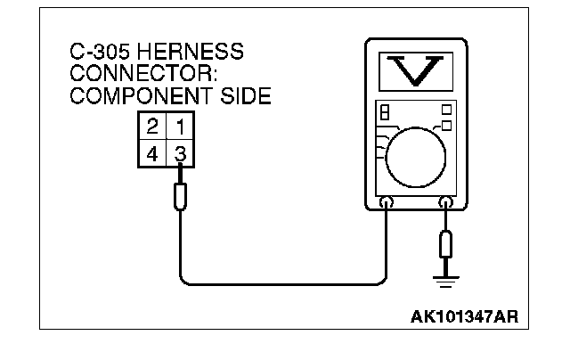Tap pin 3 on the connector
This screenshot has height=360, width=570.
(180, 153)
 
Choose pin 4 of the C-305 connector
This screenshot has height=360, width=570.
(152, 153)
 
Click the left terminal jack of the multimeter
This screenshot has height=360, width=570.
(387, 205)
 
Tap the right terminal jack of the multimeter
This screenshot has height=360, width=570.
(444, 205)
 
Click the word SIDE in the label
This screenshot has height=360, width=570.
(242, 96)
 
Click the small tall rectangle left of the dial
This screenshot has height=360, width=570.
(385, 115)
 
